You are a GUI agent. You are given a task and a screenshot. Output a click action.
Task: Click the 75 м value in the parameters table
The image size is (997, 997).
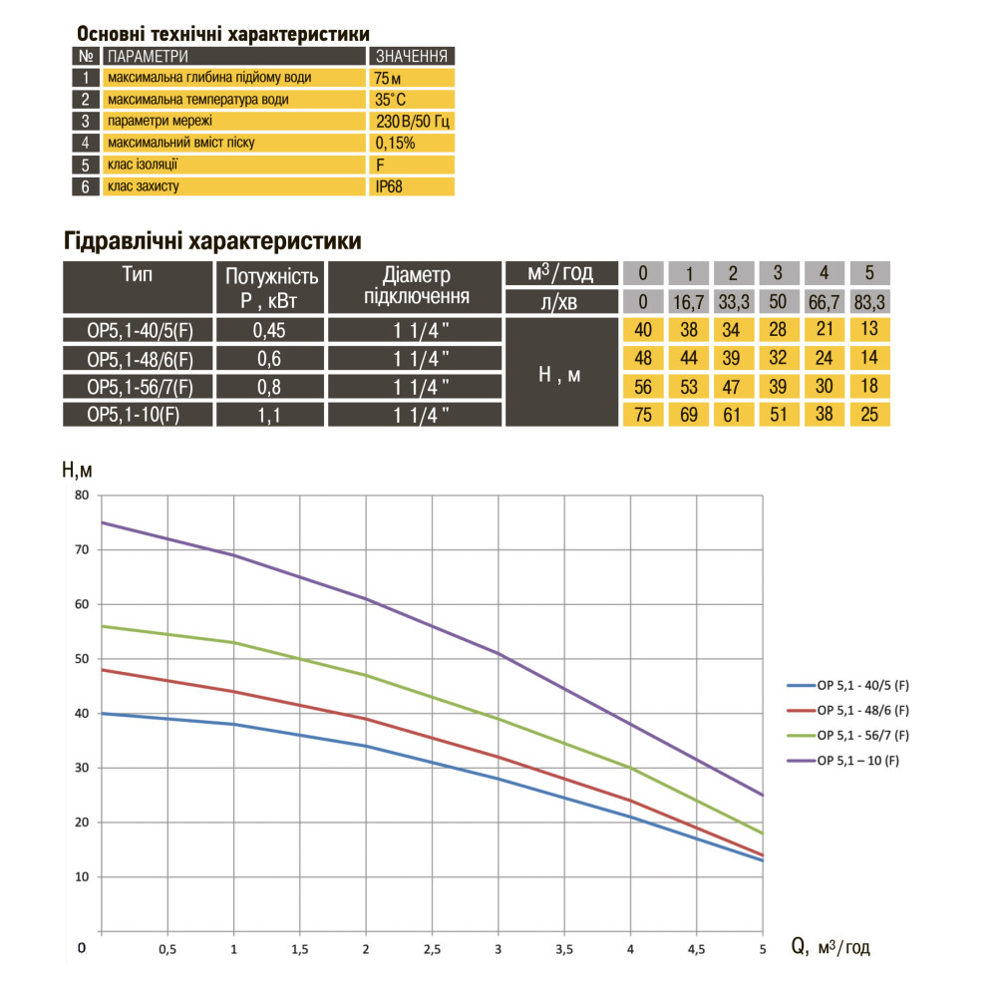pos(387,77)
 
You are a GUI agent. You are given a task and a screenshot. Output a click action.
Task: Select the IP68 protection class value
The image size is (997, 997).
pos(391,185)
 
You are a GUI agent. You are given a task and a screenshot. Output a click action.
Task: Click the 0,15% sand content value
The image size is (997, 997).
pos(396,143)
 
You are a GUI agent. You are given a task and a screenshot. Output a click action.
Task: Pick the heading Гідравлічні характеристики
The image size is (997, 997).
pos(211,241)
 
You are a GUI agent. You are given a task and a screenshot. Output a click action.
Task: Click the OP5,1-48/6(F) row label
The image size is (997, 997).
pos(139,359)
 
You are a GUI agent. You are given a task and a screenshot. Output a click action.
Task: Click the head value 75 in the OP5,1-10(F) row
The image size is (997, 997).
pos(644,415)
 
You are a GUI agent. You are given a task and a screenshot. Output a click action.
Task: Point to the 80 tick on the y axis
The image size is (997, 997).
pos(82,496)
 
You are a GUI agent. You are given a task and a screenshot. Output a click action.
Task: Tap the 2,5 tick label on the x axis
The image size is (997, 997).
pos(433,948)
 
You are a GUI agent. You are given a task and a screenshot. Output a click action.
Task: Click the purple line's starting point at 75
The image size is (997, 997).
pos(103,522)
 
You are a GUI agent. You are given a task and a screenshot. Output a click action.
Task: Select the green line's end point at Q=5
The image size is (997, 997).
pos(763,833)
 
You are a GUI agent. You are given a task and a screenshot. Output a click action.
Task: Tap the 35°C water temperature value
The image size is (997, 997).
pos(390,99)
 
